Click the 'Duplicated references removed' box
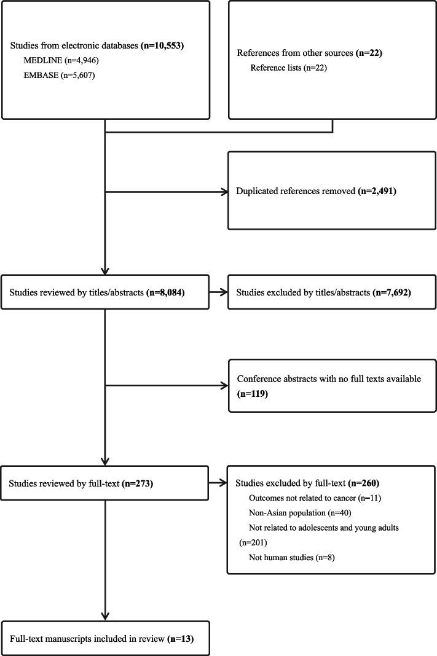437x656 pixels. point(329,192)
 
